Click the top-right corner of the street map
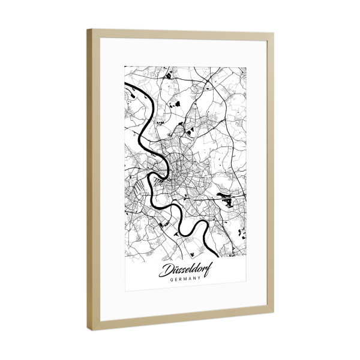click(246, 66)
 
